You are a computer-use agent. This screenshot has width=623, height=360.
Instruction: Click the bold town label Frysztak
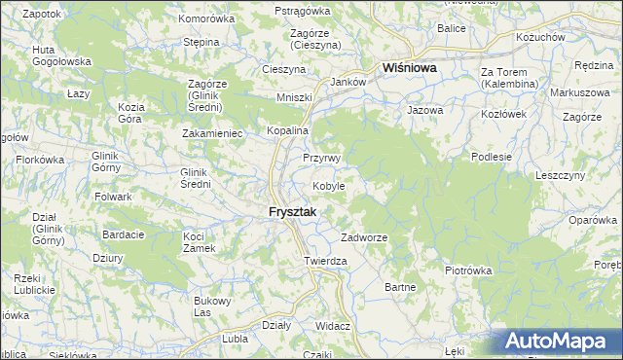coord(293,213)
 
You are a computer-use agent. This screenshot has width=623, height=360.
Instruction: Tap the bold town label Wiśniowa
coord(409,69)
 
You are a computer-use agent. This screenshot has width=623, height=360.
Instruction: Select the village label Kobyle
coord(329,186)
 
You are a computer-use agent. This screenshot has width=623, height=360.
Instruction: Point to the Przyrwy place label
coord(320,158)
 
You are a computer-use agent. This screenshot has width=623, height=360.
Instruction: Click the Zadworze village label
coord(365,238)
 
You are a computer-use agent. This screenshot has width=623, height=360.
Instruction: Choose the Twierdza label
coord(325,262)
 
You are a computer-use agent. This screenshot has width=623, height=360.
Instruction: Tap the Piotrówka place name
coord(468,270)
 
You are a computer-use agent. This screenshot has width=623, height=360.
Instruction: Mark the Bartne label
coord(400,287)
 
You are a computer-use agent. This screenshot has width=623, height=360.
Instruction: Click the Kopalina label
coord(288,130)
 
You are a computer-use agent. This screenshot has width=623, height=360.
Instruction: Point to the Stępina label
coord(201,43)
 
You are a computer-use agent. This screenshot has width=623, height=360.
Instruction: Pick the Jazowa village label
coord(425,111)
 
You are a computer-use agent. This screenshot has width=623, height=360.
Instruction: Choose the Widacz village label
coord(333,326)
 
